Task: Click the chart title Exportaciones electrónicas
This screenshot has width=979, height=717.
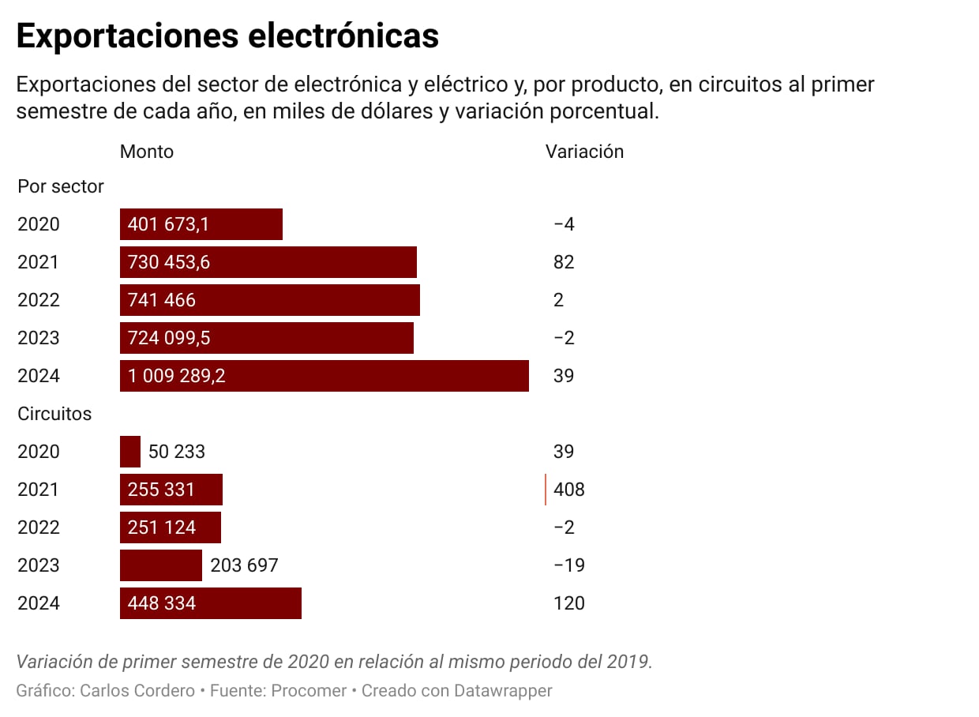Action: tap(227, 36)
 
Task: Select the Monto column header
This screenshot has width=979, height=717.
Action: tap(147, 152)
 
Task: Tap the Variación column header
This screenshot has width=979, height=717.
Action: tap(584, 152)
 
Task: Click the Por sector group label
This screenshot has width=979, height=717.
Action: tap(61, 186)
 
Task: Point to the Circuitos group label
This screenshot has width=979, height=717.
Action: tap(54, 414)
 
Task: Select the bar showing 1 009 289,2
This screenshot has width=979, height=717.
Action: tap(324, 376)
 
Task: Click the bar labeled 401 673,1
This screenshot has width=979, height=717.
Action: tap(201, 224)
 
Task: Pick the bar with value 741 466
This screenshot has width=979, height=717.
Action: tap(269, 300)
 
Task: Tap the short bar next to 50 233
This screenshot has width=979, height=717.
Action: tap(130, 452)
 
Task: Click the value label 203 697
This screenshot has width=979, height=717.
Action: tap(244, 565)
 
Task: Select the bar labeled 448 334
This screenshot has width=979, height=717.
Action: tap(210, 603)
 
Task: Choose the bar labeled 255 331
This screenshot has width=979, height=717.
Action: tap(171, 490)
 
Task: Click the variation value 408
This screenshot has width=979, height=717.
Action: tap(569, 490)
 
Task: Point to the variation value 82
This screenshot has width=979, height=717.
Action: tap(564, 262)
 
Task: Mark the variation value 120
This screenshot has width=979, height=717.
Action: tap(569, 603)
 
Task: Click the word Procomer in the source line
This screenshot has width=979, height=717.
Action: tap(309, 691)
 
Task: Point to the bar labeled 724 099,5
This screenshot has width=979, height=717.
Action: tap(266, 338)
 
